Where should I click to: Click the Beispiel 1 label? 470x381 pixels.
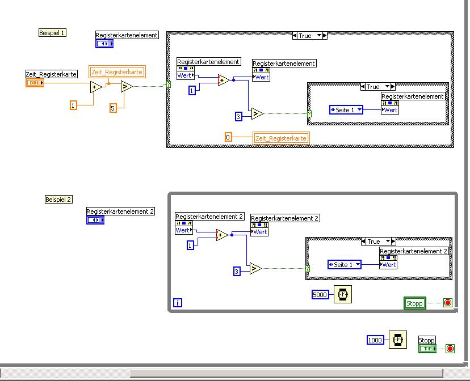(52, 33)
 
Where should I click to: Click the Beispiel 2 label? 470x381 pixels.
(58, 200)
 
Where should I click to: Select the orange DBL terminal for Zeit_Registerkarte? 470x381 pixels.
(34, 83)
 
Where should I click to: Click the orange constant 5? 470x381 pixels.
(113, 108)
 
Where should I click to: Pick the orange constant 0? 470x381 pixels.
(228, 137)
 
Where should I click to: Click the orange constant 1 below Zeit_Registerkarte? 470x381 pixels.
(73, 105)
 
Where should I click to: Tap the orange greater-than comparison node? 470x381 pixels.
(126, 87)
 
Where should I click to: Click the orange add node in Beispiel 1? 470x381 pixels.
(96, 87)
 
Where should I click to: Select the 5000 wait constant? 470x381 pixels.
(321, 294)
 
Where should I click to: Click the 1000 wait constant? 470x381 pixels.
(375, 340)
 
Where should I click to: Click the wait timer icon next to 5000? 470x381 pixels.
(342, 294)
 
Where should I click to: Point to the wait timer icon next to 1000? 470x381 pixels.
(397, 340)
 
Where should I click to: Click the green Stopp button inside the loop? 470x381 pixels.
(414, 303)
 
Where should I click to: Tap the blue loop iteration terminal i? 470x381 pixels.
(178, 303)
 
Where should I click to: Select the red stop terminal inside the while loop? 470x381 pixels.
(447, 303)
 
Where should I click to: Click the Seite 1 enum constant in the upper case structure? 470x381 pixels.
(346, 110)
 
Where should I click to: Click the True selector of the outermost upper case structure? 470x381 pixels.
(310, 36)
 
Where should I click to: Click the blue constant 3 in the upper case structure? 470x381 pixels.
(239, 117)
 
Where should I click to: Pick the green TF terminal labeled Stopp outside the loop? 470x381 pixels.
(427, 348)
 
